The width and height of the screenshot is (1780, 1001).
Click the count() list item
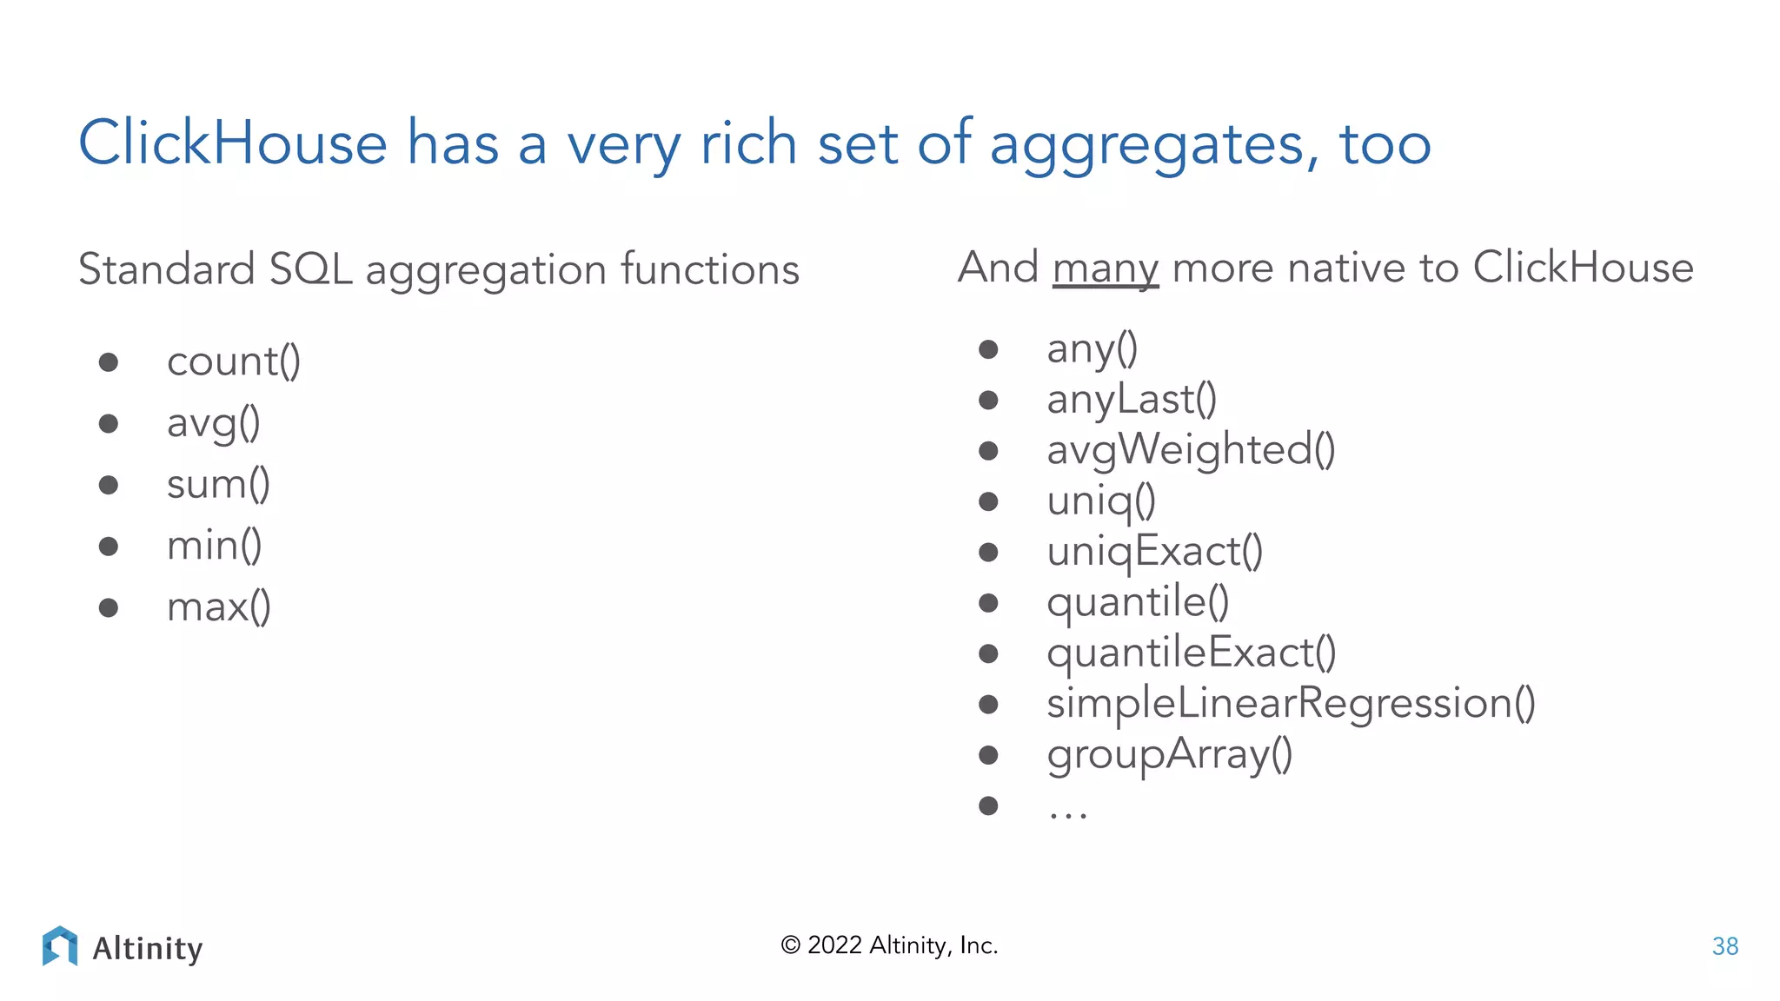pos(233,361)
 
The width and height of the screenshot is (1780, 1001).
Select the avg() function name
pos(213,423)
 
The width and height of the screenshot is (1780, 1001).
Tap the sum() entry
pos(218,484)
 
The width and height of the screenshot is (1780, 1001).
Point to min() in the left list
pos(214,546)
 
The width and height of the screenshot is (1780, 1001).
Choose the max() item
pos(218,607)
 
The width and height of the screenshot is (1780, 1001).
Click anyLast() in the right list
pos(1132,400)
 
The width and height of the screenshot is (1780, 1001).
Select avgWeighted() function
pos(1191,450)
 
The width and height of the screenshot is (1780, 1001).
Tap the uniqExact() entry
pos(1154,552)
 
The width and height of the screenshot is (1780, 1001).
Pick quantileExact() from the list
pos(1191,653)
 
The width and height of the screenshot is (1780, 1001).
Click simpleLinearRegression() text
pos(1291,704)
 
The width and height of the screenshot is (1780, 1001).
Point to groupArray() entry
pos(1169,754)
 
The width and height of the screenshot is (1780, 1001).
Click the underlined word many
pos(1106,268)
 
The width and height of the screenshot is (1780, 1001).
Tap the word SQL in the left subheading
pos(310,269)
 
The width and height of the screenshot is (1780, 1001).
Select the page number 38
pos(1724,946)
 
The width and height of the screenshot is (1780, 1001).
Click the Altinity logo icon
pos(60,946)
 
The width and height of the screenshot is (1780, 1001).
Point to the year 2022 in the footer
pos(834,945)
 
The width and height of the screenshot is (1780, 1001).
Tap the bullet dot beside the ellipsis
pos(988,805)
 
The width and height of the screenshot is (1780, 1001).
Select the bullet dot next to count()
pos(109,361)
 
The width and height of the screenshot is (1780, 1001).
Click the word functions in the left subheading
pos(710,269)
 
